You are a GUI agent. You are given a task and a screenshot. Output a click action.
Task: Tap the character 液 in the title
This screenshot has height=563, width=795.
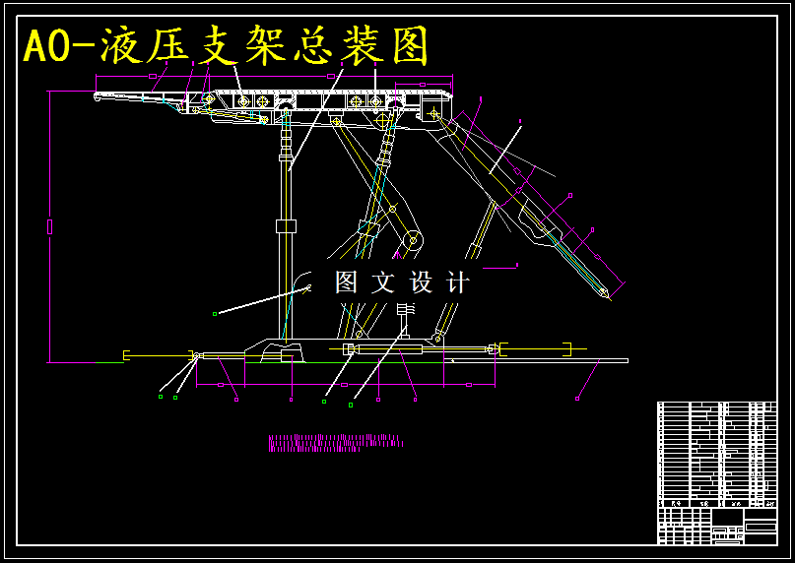tap(123, 45)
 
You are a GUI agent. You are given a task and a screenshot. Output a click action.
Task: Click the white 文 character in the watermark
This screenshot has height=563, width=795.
tap(383, 283)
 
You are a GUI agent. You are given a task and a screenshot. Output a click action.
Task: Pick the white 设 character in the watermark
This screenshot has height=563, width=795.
tap(422, 283)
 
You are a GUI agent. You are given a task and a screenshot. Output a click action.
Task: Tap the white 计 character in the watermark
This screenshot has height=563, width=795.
tap(458, 283)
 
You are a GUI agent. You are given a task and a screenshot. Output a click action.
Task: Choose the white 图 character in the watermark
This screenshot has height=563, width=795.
tap(346, 283)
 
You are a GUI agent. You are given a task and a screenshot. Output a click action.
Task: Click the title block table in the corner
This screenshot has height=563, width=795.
tap(716, 472)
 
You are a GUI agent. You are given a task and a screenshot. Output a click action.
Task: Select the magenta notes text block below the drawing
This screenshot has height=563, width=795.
tap(335, 443)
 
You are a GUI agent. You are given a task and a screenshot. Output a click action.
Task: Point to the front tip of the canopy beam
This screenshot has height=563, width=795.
tap(97, 95)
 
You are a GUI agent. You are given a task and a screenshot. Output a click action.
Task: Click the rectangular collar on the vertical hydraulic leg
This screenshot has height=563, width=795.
tap(286, 226)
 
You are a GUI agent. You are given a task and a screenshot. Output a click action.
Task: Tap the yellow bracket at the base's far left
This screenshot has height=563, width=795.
tap(127, 354)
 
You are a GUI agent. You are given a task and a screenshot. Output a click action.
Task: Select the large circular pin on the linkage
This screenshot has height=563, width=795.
tap(412, 239)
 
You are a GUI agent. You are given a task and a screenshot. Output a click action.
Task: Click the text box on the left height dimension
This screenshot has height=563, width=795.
tap(50, 227)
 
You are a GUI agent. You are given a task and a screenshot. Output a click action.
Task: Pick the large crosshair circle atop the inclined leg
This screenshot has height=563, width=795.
tap(383, 120)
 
